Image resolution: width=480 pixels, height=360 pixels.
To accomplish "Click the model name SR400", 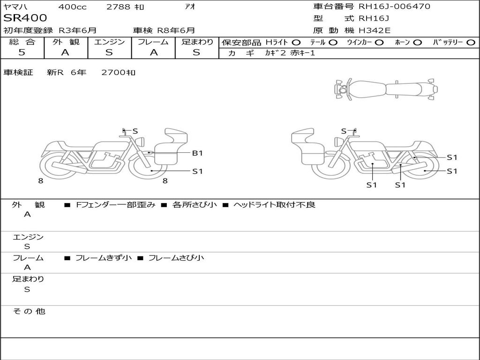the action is click(25, 18).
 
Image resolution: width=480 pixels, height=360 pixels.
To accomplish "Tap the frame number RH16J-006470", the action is click(394, 6).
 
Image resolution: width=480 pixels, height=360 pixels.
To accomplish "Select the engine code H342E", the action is click(375, 30).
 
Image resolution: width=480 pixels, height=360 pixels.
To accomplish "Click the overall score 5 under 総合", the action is click(22, 52).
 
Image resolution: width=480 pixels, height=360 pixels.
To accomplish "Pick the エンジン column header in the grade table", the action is click(109, 42).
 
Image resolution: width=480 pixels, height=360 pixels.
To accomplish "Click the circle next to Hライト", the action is click(296, 43).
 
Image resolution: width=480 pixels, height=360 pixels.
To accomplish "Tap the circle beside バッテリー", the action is click(471, 43).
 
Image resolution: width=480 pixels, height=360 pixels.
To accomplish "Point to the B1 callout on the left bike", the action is click(197, 153).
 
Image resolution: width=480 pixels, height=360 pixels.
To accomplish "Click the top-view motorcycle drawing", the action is click(386, 90).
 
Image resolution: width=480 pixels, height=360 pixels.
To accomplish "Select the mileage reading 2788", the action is click(119, 7).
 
